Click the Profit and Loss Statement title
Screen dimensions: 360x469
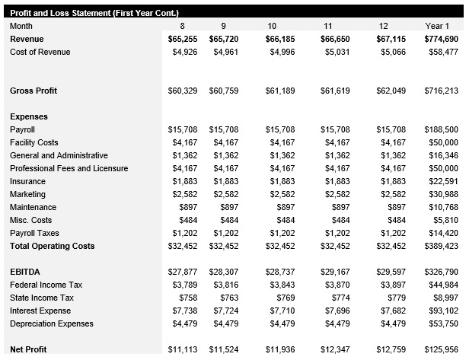click(x=94, y=13)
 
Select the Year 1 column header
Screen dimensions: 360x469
click(x=442, y=26)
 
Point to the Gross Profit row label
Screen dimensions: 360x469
click(x=33, y=91)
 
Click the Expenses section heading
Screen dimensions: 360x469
click(x=29, y=116)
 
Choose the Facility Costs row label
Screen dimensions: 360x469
click(x=34, y=142)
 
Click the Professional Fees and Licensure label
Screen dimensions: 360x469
click(x=69, y=168)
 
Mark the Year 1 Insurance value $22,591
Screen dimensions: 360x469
click(x=443, y=181)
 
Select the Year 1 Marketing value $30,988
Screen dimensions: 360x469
click(x=443, y=194)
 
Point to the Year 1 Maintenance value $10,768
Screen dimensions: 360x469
click(x=443, y=207)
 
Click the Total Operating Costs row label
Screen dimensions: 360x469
click(x=53, y=246)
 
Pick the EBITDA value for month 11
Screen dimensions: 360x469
click(x=336, y=272)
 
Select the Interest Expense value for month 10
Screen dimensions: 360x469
click(x=282, y=311)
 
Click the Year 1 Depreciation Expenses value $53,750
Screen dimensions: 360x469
click(x=443, y=323)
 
